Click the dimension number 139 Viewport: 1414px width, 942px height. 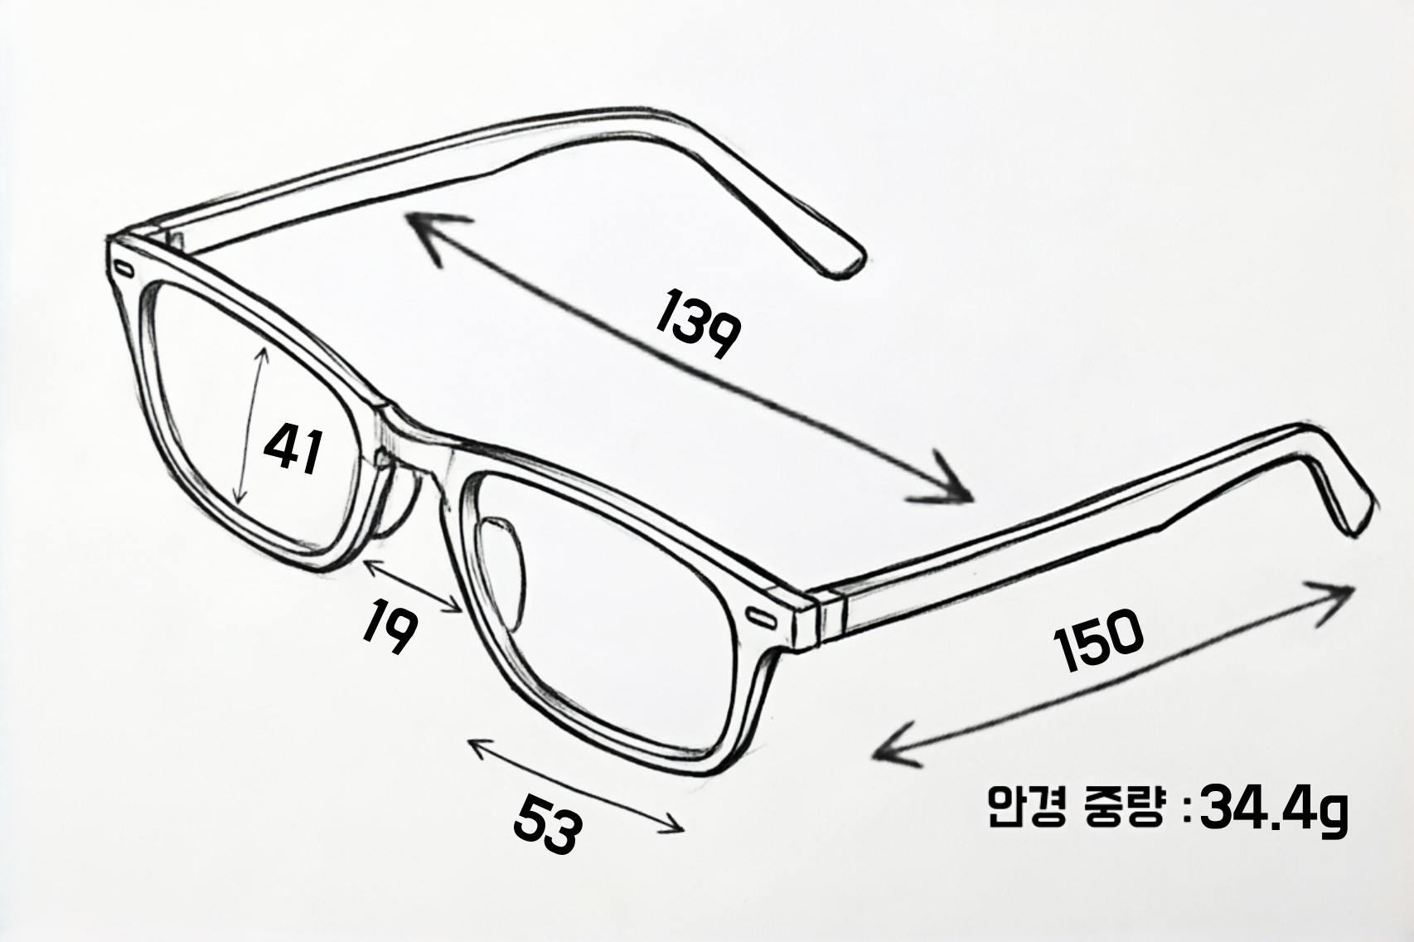pyautogui.click(x=697, y=324)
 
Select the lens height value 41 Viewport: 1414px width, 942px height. pyautogui.click(x=293, y=449)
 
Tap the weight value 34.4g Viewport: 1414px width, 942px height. pyautogui.click(x=1273, y=810)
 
